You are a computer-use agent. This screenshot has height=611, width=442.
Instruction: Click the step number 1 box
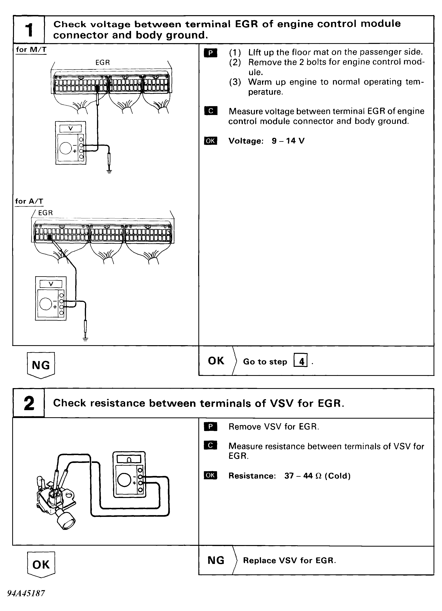click(x=29, y=30)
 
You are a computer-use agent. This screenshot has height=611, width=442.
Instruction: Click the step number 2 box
click(x=29, y=403)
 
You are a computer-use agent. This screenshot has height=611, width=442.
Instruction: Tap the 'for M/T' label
click(x=31, y=50)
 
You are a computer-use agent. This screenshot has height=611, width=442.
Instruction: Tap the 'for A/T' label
click(x=29, y=201)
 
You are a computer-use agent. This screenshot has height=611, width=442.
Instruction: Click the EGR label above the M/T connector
click(x=103, y=62)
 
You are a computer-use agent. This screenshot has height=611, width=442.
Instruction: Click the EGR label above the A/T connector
click(x=45, y=213)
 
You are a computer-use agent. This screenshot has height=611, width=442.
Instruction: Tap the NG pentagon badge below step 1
click(x=41, y=365)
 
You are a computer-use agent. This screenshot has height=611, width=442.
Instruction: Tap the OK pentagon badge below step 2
click(x=41, y=564)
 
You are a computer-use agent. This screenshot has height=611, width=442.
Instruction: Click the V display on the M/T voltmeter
click(x=70, y=129)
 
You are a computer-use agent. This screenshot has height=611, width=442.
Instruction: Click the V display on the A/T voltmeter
click(x=51, y=284)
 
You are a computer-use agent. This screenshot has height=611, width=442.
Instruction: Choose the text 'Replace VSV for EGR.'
click(x=289, y=560)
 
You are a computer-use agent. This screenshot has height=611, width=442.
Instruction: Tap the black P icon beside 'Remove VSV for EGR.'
click(x=211, y=427)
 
